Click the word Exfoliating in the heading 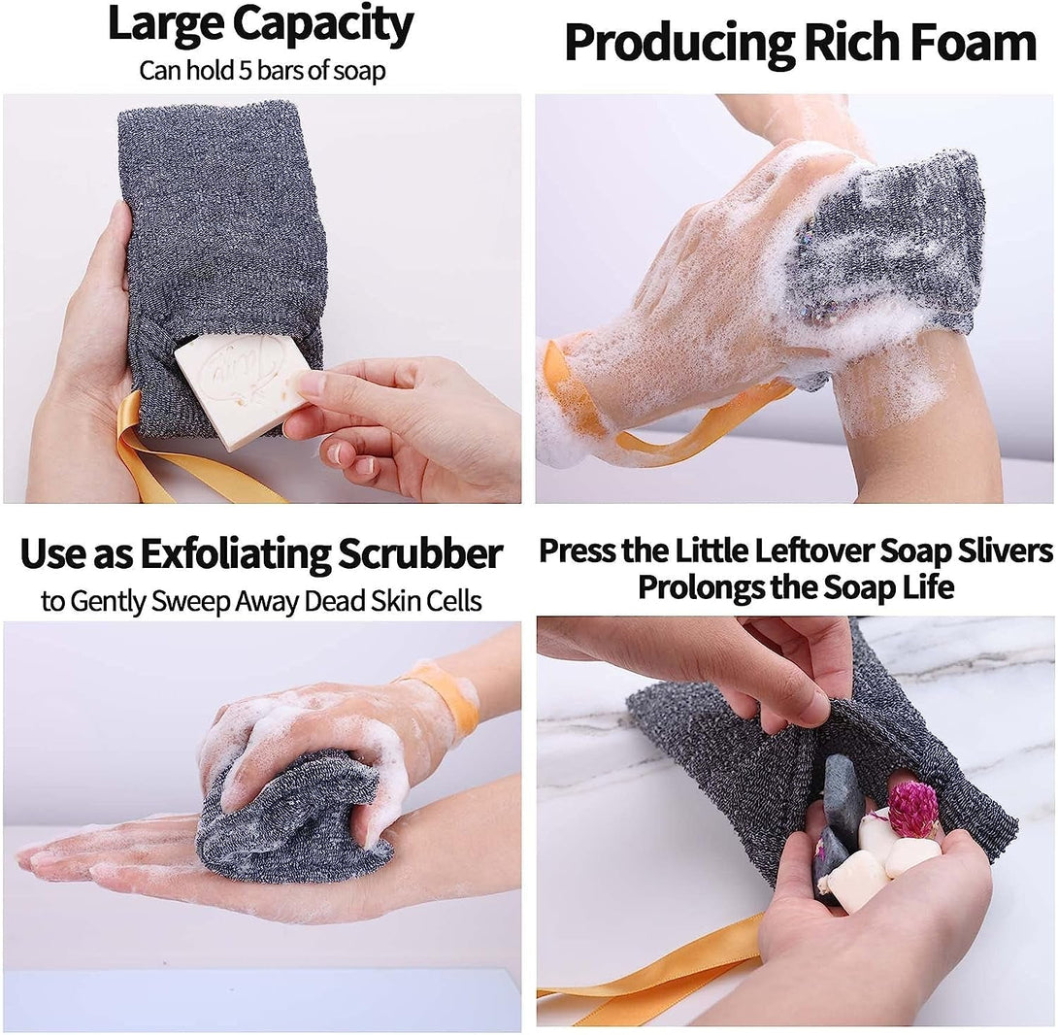point(236,555)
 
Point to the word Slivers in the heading point(1004,551)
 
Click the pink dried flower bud point(912,809)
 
